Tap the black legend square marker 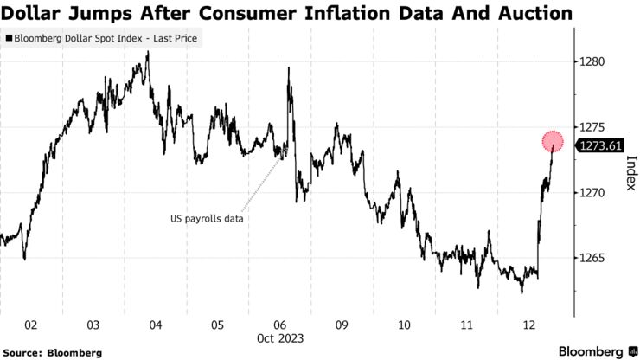[10, 39]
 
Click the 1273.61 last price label [603, 145]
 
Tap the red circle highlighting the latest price [554, 140]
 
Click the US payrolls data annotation [207, 219]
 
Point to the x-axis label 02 [30, 325]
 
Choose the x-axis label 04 [155, 325]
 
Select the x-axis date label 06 [279, 325]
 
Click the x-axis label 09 [342, 325]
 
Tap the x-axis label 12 [528, 325]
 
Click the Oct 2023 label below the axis [279, 338]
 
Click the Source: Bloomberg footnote [53, 352]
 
